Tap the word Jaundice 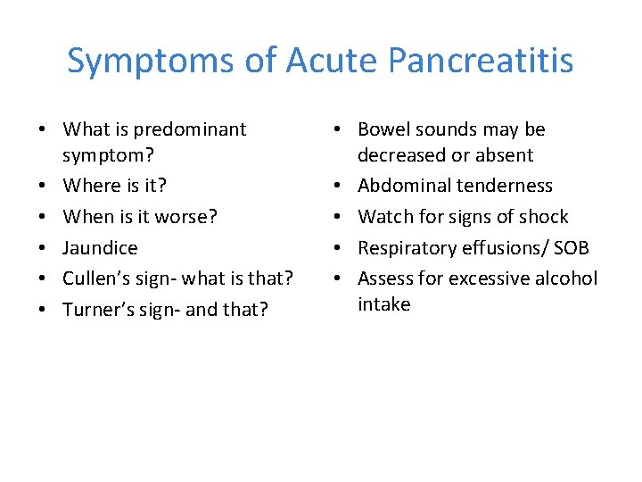100,247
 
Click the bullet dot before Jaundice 42,247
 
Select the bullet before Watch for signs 337,217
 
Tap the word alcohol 566,278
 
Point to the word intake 383,304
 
